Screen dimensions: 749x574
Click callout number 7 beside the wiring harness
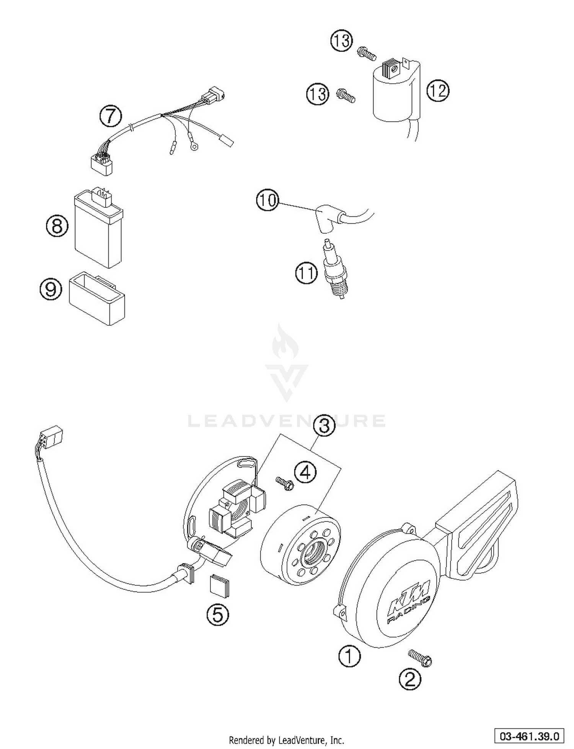[x=111, y=116]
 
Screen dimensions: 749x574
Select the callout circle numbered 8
[x=57, y=226]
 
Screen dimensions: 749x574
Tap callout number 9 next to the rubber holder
[x=51, y=289]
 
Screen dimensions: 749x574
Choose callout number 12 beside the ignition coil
[x=438, y=91]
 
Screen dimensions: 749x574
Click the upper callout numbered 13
[x=342, y=41]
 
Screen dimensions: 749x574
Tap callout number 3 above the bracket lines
[x=324, y=426]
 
